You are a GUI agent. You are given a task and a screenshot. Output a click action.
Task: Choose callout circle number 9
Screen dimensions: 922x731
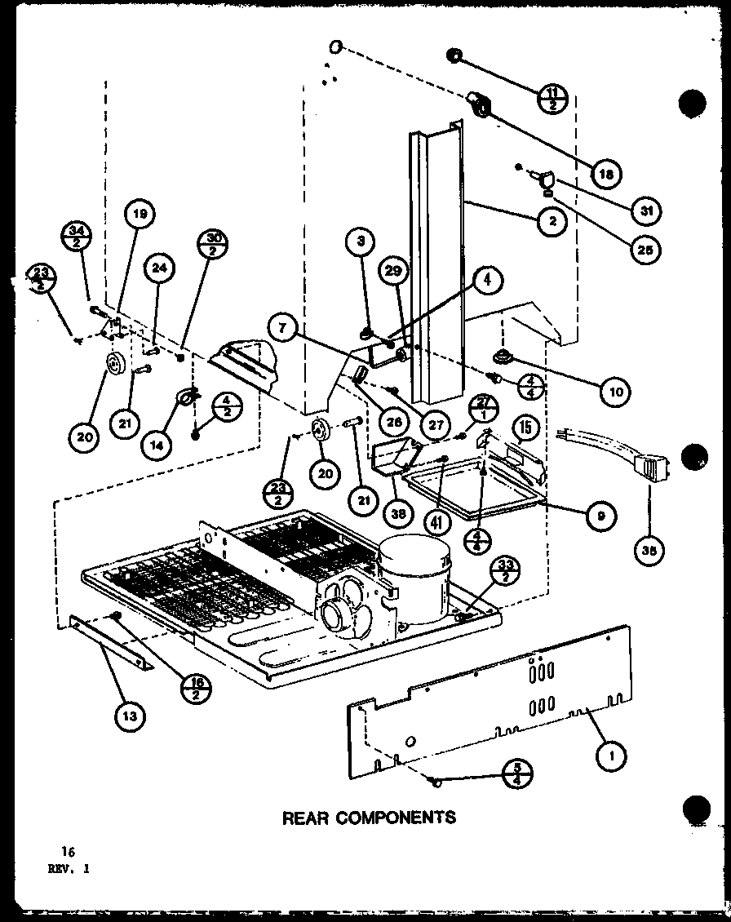point(600,515)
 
